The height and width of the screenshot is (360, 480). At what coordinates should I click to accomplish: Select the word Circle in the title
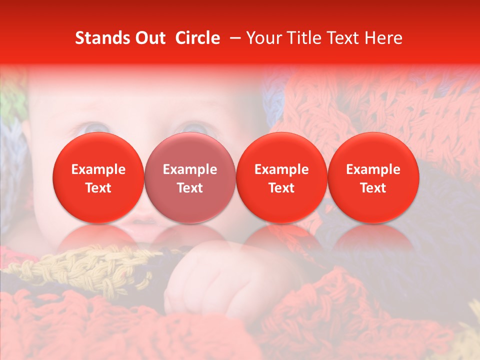(x=197, y=38)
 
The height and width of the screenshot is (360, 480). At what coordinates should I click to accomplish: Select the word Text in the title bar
(x=343, y=38)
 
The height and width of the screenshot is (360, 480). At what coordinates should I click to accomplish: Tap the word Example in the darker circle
(x=190, y=169)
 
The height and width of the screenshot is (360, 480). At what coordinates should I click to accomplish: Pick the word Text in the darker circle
(x=190, y=188)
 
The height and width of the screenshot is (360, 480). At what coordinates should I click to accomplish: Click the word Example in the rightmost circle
(x=373, y=169)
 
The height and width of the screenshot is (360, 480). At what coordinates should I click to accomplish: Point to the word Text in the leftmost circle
(x=98, y=188)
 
